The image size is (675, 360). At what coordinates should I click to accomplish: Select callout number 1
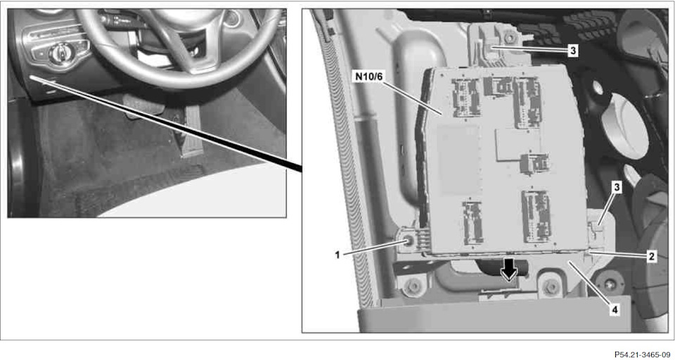tap(337, 255)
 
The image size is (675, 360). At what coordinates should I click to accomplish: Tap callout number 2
tap(652, 257)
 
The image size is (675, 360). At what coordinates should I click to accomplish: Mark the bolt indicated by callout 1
tap(408, 242)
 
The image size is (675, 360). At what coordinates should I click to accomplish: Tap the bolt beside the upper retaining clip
tap(508, 39)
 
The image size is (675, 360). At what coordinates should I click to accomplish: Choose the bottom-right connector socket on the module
tap(536, 216)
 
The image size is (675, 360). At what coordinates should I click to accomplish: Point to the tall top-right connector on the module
tap(527, 103)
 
